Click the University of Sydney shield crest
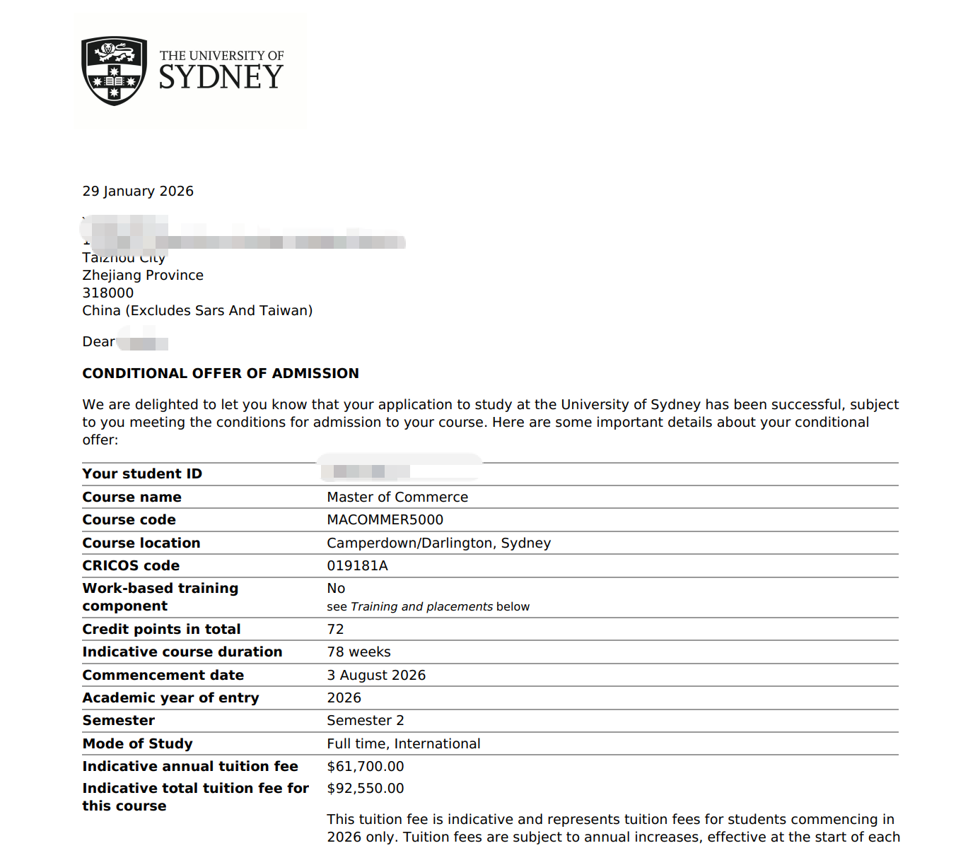[114, 71]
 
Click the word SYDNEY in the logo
[221, 77]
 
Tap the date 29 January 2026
[138, 192]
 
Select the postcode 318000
[107, 293]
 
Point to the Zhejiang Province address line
[143, 276]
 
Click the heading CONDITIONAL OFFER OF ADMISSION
[221, 374]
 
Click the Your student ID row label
[142, 474]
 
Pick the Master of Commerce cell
[397, 497]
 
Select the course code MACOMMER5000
[385, 520]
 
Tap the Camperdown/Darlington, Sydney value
[438, 543]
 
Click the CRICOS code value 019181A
[357, 566]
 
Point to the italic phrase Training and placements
[421, 607]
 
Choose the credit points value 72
[335, 630]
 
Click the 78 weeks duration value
[358, 652]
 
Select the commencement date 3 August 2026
[376, 676]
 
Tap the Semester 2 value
[366, 721]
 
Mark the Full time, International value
[403, 744]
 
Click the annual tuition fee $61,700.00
[366, 767]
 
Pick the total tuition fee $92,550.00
[366, 789]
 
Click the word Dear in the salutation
[98, 342]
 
